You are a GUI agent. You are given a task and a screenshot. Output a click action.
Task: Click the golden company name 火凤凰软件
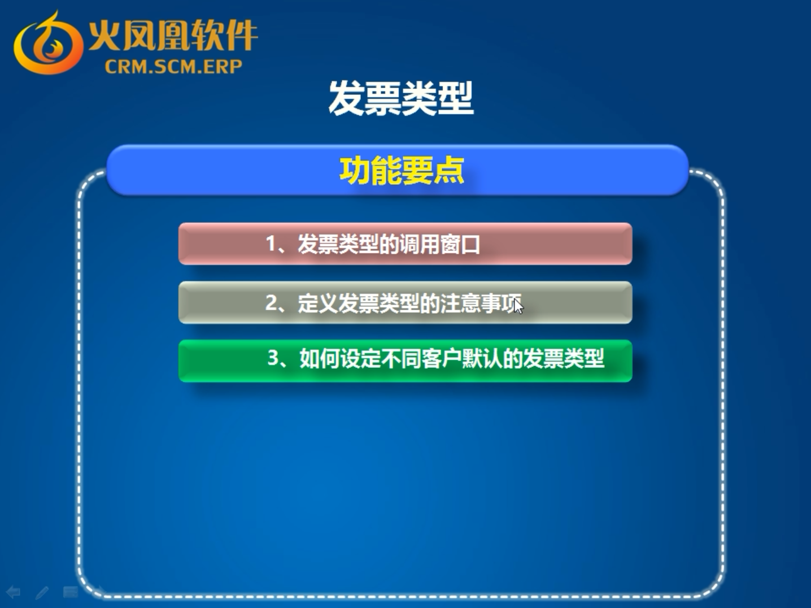173,35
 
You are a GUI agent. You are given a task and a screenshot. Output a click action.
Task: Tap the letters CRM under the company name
122,67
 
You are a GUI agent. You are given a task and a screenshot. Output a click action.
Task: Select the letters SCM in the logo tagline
167,67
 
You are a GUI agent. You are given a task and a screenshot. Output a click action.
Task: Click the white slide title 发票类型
401,98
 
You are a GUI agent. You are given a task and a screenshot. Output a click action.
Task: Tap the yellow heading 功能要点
402,171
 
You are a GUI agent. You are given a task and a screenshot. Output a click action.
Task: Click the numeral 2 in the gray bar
271,303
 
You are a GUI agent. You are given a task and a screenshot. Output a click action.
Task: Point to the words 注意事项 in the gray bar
481,303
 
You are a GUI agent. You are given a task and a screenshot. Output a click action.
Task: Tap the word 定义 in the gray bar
318,303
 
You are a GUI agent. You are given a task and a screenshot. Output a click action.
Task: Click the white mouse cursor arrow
518,306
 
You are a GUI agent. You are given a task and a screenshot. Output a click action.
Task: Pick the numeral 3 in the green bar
273,358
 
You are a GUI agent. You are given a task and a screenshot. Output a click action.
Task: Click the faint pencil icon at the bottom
42,593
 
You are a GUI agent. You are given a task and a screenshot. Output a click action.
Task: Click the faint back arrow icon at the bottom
14,592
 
